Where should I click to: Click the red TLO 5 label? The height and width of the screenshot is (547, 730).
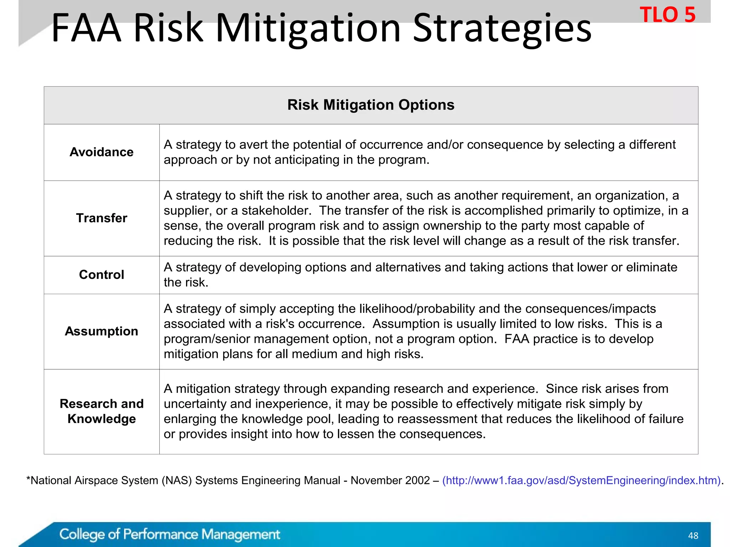tap(667, 15)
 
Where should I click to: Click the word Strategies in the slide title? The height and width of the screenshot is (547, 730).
tap(502, 28)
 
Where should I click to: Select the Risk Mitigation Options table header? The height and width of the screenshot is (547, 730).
tap(371, 105)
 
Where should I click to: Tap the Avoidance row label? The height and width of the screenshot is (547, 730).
tap(102, 152)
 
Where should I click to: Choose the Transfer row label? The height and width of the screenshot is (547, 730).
tap(102, 218)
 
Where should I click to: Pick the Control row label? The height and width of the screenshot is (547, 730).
tap(102, 275)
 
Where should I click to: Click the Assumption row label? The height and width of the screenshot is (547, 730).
tap(102, 331)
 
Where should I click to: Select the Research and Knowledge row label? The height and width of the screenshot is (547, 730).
tap(102, 411)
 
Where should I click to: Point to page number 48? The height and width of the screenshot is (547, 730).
tap(693, 536)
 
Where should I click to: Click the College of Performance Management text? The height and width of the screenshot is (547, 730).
tap(170, 535)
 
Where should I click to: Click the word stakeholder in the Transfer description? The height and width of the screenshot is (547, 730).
tap(276, 210)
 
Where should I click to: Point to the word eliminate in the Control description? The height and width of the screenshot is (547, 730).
tap(652, 267)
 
